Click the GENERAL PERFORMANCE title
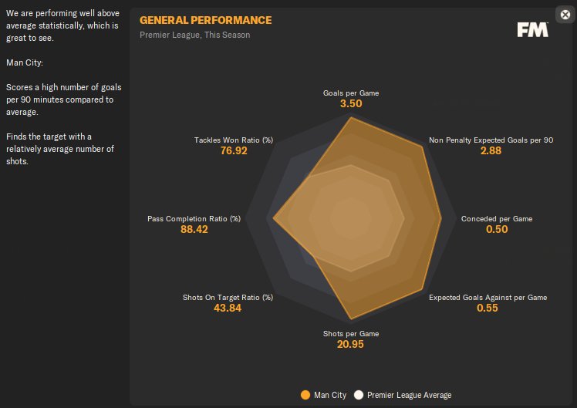coord(205,20)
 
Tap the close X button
coord(564,14)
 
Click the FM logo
coord(533,29)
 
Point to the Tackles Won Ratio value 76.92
coord(234,151)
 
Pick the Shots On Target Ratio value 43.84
coord(228,309)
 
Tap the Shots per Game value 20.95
coord(350,344)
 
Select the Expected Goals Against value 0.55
coord(488,309)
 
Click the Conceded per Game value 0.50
coord(497,230)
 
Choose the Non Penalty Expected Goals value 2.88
coord(491,151)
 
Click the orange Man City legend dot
coord(305,396)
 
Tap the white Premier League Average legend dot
coord(359,396)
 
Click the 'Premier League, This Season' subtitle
coord(194,35)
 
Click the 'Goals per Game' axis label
coord(351,93)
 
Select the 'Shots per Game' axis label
coord(351,333)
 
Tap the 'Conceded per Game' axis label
coord(497,219)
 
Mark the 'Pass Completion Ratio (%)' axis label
coord(194,219)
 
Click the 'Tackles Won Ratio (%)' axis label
coord(234,140)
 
